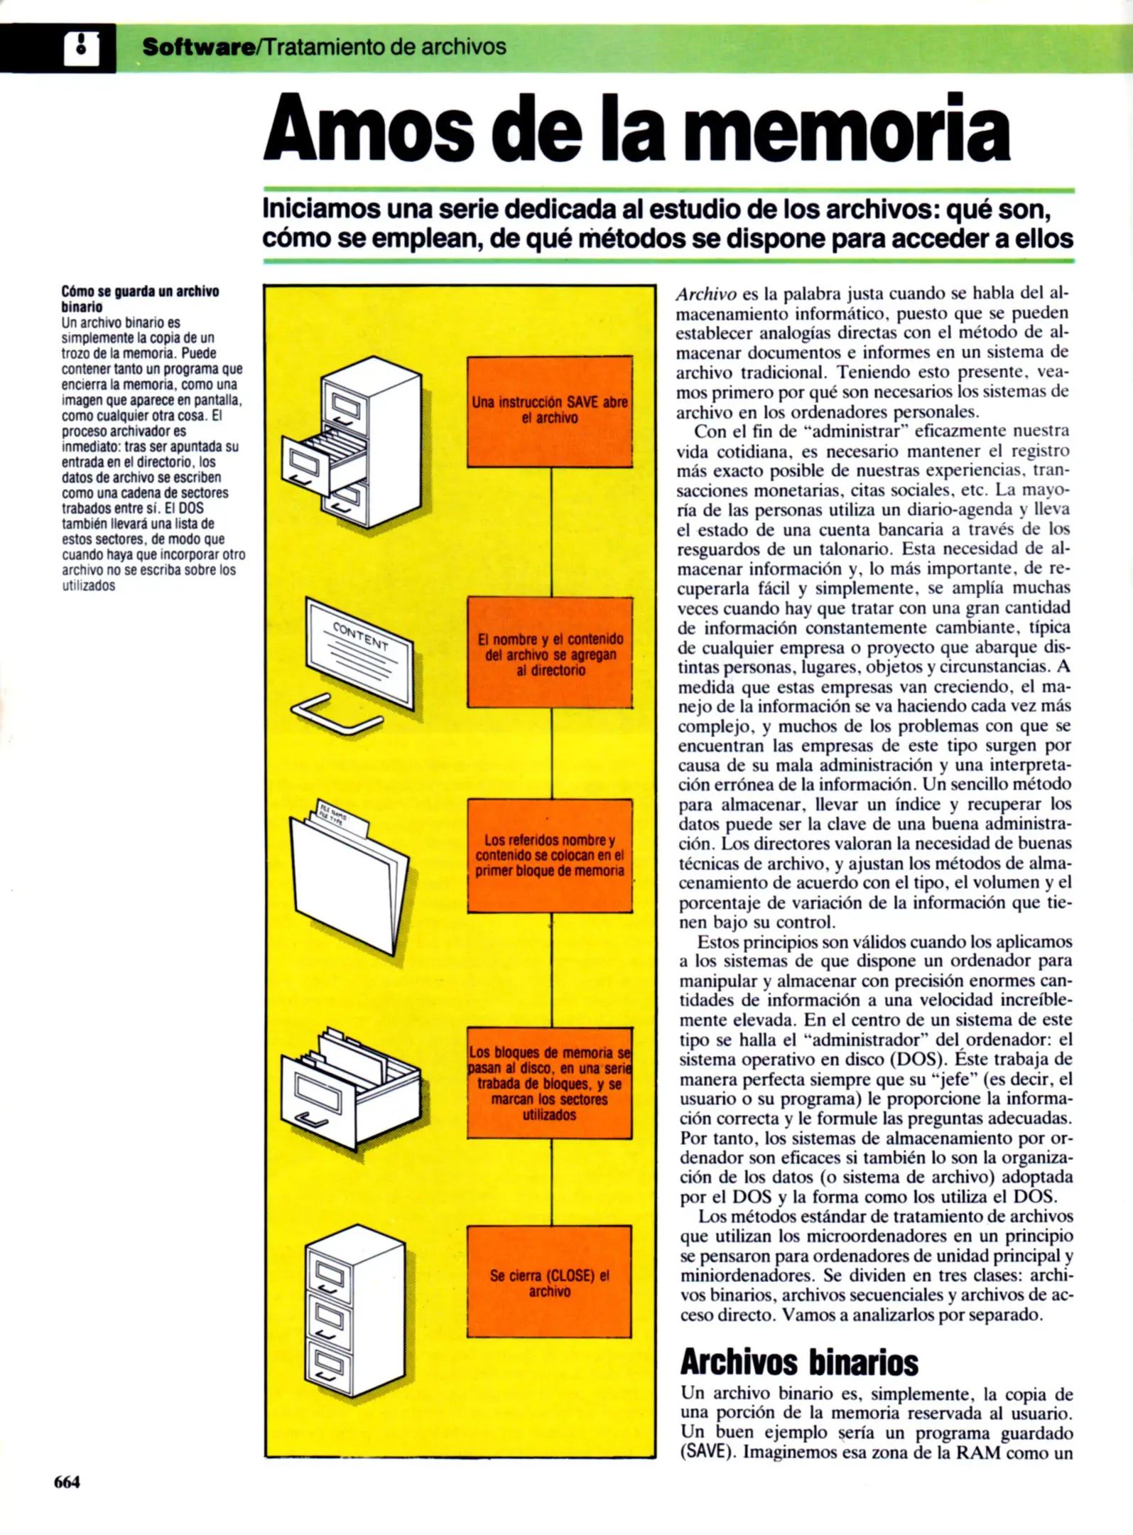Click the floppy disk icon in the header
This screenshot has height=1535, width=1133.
(x=81, y=48)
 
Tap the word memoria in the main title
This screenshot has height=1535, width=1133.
(x=846, y=129)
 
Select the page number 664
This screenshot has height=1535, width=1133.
(x=67, y=1482)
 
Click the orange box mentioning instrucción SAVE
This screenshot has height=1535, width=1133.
(x=549, y=411)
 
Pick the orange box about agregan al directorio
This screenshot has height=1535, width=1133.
(x=549, y=652)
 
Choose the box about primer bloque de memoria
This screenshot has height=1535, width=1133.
(x=549, y=856)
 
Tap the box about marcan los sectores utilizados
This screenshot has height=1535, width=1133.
(x=549, y=1082)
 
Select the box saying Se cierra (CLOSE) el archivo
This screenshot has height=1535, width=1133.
(x=549, y=1282)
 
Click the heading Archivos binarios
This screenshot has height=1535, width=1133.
(x=798, y=1362)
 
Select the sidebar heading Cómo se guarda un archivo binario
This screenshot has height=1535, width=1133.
(x=139, y=299)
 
